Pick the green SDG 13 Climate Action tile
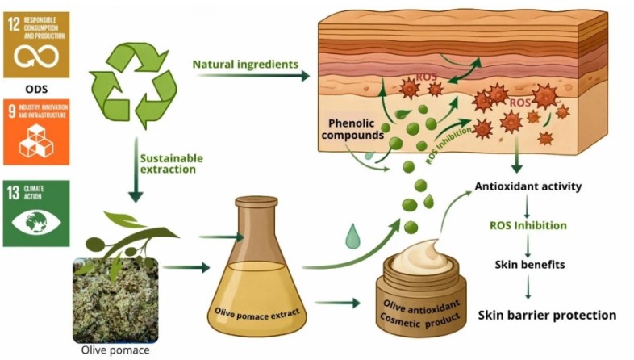click(x=36, y=212)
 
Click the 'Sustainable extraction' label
click(x=171, y=165)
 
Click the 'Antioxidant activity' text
click(x=528, y=186)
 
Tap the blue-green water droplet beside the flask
click(x=352, y=237)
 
